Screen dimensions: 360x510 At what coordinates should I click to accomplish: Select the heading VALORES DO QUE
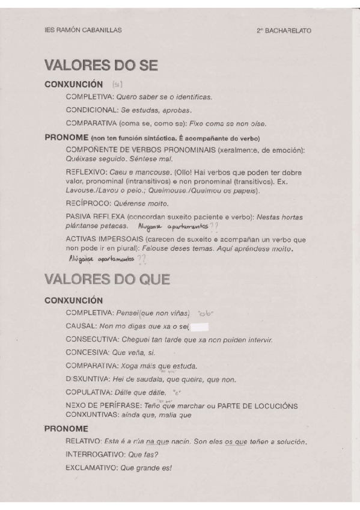(107, 279)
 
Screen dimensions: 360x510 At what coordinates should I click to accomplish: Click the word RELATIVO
(84, 442)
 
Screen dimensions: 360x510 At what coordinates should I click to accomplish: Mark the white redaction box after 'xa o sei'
(199, 327)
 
